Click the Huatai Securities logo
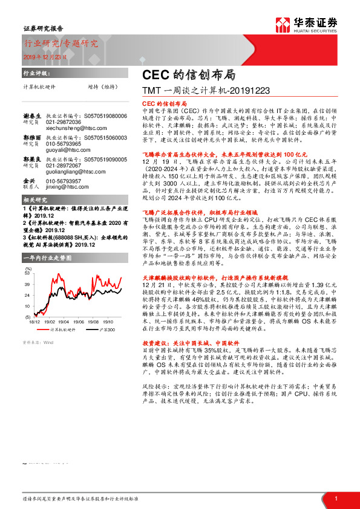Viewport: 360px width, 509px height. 315,24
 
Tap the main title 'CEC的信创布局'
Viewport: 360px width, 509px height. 181,76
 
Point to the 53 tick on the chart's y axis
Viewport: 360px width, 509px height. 27,273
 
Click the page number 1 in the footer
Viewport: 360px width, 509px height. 335,498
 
